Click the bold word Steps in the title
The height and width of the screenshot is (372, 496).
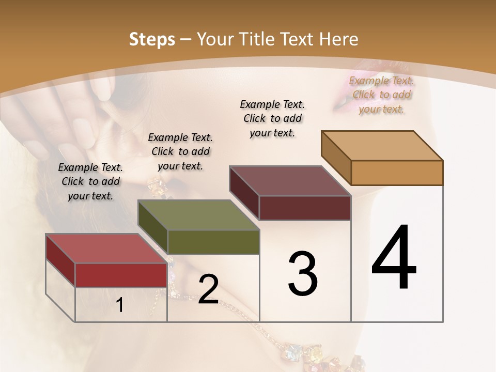[152, 39]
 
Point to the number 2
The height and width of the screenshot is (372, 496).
[208, 289]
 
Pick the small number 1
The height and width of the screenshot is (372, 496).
[120, 305]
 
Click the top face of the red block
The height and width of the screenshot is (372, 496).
[106, 249]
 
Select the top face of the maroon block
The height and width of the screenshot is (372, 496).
[290, 181]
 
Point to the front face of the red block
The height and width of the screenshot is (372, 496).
[121, 275]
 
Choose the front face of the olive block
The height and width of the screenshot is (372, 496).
[213, 242]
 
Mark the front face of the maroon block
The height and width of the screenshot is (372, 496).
[305, 208]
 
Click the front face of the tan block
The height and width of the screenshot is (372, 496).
[397, 173]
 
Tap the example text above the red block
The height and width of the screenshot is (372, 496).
[90, 181]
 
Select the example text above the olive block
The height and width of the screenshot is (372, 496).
[180, 151]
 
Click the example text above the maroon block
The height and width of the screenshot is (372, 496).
[272, 118]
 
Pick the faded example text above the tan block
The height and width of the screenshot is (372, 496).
[381, 95]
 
